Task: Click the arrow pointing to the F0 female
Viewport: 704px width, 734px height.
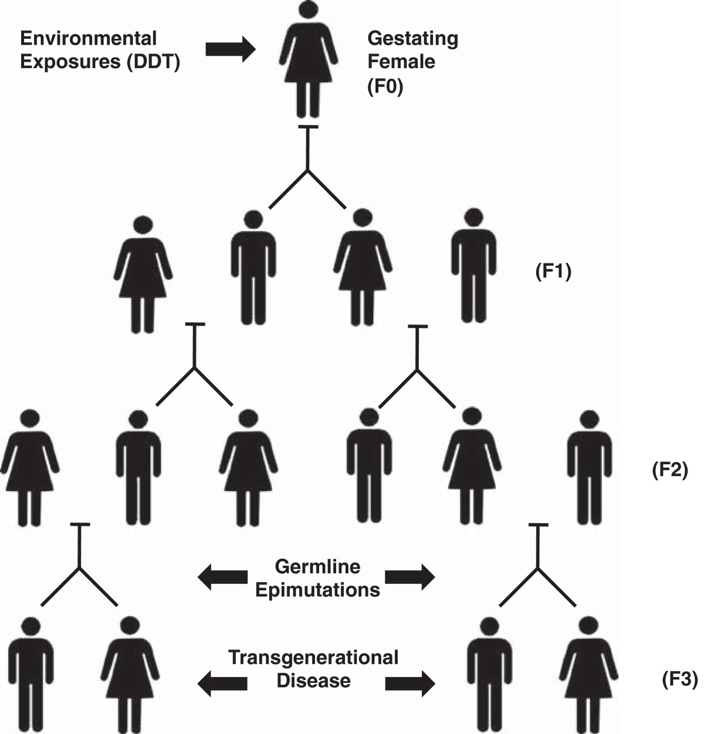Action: [230, 49]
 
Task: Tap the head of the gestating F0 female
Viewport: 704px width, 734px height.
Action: [309, 10]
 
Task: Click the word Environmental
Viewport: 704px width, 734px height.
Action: [89, 39]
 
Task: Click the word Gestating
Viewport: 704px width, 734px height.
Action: [412, 39]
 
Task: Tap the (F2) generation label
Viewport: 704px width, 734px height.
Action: [669, 470]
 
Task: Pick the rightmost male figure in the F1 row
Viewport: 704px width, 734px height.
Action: [473, 267]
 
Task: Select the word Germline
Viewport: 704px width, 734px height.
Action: [317, 567]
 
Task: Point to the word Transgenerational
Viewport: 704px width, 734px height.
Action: [313, 657]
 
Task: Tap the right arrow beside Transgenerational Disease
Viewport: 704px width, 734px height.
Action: [410, 683]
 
